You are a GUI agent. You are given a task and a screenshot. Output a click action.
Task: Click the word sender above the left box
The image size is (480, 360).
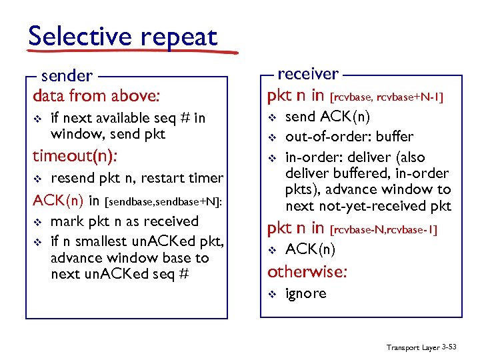66,76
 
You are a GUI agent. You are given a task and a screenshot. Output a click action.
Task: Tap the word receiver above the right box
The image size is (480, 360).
307,73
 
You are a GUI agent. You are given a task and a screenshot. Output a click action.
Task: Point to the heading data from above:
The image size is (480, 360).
96,95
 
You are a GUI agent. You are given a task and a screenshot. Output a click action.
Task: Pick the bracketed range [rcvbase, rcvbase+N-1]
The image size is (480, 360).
387,97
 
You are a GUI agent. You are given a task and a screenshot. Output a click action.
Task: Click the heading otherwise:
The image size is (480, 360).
307,272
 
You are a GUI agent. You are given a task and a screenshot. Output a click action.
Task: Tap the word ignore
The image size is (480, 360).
305,293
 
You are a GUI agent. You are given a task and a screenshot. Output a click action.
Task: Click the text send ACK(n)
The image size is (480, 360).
327,117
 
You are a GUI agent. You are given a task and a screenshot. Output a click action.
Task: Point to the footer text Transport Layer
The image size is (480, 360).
411,347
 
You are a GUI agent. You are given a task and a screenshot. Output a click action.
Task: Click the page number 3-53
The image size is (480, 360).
451,347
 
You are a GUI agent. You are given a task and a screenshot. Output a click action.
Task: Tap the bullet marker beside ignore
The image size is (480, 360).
271,294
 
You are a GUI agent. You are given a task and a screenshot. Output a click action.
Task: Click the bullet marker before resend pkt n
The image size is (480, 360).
37,179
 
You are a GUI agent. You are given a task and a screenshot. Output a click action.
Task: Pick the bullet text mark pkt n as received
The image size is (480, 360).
125,221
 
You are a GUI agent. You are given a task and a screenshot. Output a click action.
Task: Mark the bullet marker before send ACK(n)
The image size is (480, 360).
271,117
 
